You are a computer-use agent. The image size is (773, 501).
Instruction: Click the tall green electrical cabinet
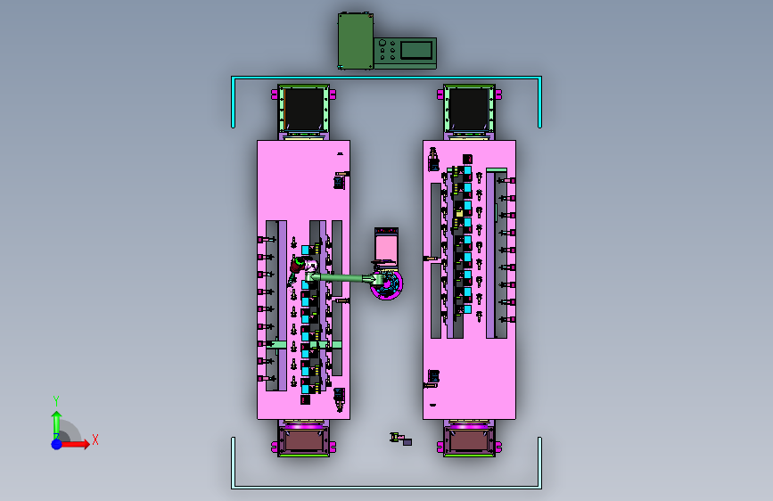click(x=356, y=41)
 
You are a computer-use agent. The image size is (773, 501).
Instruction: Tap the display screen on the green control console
click(x=416, y=50)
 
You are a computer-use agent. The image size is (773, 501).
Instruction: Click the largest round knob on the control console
click(x=382, y=43)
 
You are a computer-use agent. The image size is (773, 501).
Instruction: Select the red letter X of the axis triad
click(x=95, y=439)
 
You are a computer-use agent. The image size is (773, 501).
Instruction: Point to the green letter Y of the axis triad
click(x=56, y=401)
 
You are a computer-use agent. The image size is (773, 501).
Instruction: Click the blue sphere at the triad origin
click(x=57, y=444)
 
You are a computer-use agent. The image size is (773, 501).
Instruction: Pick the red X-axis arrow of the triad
click(x=73, y=444)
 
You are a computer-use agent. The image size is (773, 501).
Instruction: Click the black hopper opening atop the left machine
click(x=303, y=109)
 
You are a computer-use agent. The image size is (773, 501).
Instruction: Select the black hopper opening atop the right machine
click(x=469, y=109)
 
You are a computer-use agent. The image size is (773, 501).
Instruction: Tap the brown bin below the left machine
click(x=303, y=440)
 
